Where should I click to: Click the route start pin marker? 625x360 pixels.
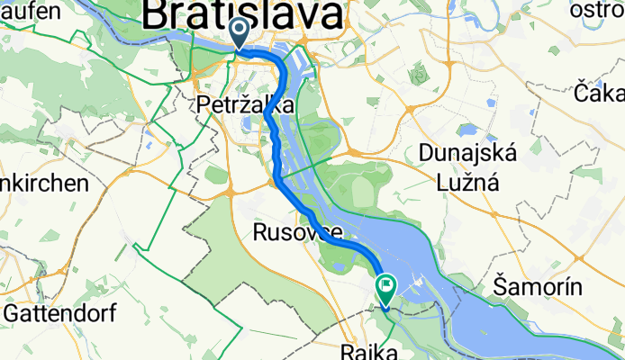pyautogui.click(x=240, y=33)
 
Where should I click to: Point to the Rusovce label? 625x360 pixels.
pyautogui.click(x=291, y=233)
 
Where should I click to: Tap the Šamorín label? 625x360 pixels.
pyautogui.click(x=539, y=288)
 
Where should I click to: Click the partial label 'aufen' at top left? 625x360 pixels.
pyautogui.click(x=30, y=11)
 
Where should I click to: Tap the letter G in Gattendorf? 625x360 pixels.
pyautogui.click(x=13, y=313)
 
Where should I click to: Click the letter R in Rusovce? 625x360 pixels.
pyautogui.click(x=259, y=233)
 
